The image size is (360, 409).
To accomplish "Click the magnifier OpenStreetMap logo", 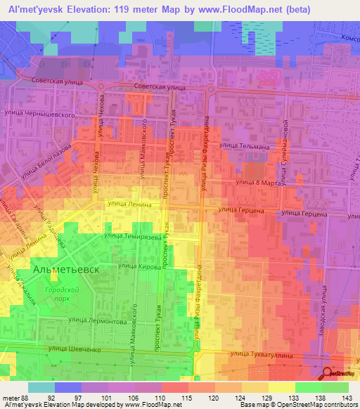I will pos(328,375).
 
